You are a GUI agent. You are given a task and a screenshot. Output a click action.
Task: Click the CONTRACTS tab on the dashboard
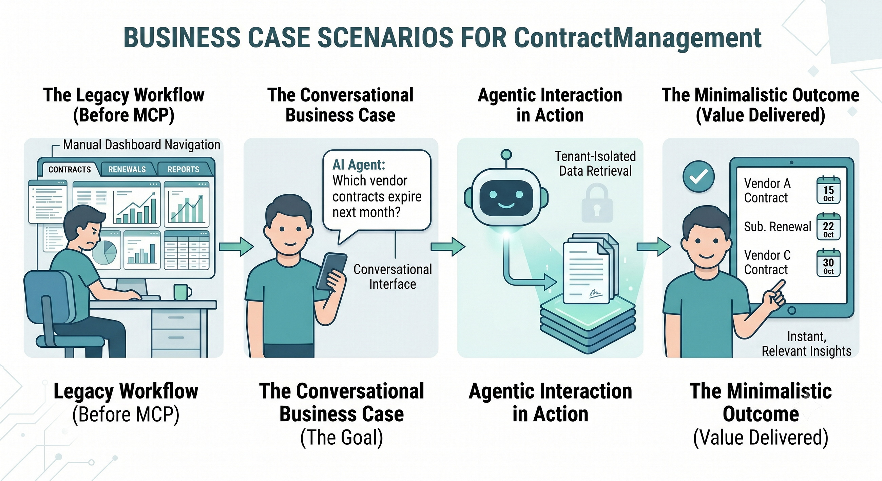point(70,170)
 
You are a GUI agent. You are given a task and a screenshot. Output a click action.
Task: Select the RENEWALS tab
point(127,170)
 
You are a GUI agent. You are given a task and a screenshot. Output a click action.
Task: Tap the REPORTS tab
point(184,170)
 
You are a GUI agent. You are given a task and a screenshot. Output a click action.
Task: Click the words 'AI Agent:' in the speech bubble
point(359,165)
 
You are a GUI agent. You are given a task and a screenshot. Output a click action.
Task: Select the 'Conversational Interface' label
point(392,276)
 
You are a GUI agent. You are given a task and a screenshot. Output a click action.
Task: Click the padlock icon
point(597,203)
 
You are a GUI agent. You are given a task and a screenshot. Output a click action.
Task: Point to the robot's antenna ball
point(506,155)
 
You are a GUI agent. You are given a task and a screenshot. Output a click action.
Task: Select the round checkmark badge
point(698,177)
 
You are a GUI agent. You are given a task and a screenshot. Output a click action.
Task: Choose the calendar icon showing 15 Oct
point(828,190)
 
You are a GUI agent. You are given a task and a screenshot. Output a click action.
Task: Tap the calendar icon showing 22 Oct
point(828,227)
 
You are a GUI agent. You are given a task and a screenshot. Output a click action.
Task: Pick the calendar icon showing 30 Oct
point(828,263)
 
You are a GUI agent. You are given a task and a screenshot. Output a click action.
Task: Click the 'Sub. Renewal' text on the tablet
point(778,227)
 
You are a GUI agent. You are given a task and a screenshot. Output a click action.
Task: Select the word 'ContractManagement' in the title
point(637,38)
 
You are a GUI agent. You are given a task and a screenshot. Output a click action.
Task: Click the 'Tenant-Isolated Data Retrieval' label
point(595,163)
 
